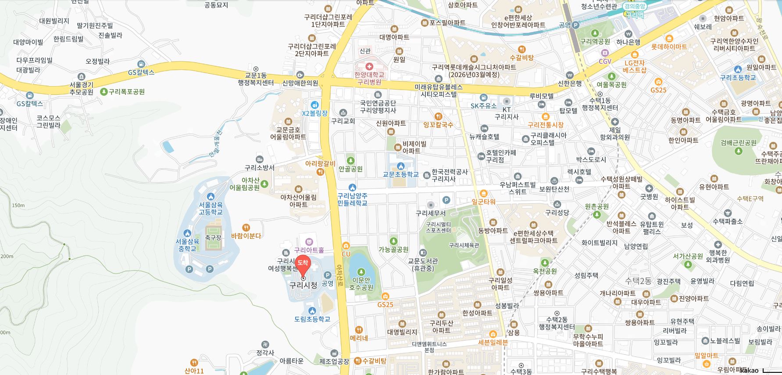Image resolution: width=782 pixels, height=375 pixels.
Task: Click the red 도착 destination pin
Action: pyautogui.click(x=303, y=263)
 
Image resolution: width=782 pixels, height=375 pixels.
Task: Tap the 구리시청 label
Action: pyautogui.click(x=303, y=285)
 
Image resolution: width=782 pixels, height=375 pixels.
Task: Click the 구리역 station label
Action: pyautogui.click(x=635, y=15)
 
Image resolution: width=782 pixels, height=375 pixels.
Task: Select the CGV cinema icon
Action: pyautogui.click(x=605, y=53)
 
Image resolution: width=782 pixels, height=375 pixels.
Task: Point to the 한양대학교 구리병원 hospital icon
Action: pyautogui.click(x=369, y=66)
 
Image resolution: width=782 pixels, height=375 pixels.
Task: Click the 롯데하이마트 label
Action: pyautogui.click(x=669, y=47)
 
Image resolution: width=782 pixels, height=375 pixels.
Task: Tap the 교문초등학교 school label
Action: pyautogui.click(x=400, y=174)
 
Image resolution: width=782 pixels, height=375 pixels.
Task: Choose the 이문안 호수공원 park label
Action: pyautogui.click(x=361, y=284)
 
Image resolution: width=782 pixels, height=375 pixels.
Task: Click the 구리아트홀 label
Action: pyautogui.click(x=309, y=250)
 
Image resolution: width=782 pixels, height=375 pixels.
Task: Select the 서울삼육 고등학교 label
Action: pyautogui.click(x=211, y=208)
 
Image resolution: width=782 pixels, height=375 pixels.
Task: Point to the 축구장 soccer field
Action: pyautogui.click(x=213, y=237)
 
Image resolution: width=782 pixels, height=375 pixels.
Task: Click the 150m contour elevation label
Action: pyautogui.click(x=18, y=206)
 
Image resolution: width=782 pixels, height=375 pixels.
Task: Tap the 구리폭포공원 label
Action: pyautogui.click(x=127, y=92)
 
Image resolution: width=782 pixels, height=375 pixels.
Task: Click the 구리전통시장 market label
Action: pyautogui.click(x=545, y=125)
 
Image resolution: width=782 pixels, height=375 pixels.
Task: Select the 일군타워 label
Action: pyautogui.click(x=483, y=202)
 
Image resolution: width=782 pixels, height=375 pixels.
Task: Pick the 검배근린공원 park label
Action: pyautogui.click(x=738, y=143)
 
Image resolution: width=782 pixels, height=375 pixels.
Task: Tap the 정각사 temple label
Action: pyautogui.click(x=265, y=353)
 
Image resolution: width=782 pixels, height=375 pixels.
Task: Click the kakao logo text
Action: pyautogui.click(x=749, y=370)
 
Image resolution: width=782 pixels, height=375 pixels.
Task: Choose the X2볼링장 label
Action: pyautogui.click(x=314, y=113)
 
